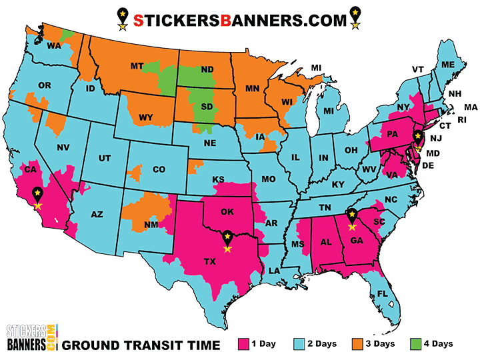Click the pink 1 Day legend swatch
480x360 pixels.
click(243, 344)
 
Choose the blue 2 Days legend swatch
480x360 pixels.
click(299, 344)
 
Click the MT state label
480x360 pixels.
click(137, 66)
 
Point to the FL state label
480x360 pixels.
click(382, 293)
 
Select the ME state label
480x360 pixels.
click(447, 64)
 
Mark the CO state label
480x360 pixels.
click(159, 169)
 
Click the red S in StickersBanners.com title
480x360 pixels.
click(138, 21)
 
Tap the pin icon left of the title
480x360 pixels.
click(121, 18)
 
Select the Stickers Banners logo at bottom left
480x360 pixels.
click(31, 339)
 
